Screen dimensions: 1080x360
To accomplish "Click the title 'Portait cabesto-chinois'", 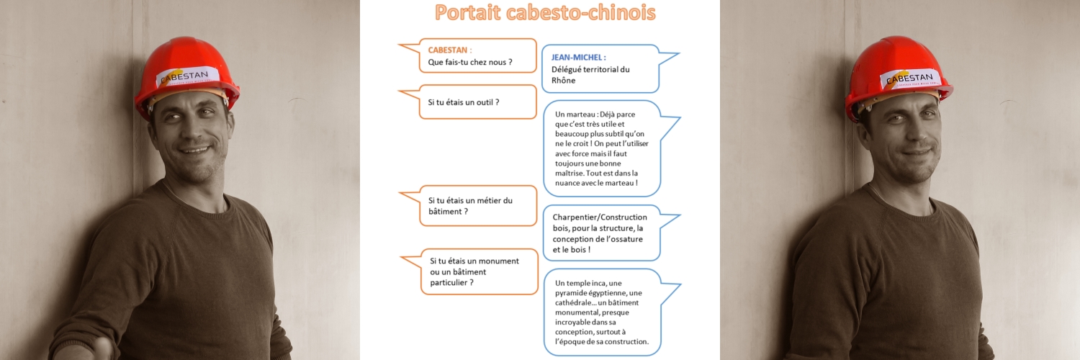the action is [545, 12].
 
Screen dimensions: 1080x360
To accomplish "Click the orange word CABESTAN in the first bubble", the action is [447, 50].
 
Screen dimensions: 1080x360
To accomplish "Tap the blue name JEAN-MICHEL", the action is [577, 58].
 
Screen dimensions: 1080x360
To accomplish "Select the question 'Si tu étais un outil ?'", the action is [464, 102].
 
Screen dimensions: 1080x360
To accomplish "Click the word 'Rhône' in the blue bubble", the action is [563, 81].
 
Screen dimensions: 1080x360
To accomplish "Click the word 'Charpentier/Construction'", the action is [600, 217].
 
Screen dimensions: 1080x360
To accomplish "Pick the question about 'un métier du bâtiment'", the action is [470, 206].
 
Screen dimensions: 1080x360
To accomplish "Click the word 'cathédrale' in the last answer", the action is [573, 302].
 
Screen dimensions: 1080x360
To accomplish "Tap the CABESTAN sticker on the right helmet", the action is [909, 78].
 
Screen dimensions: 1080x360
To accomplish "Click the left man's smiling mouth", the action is [196, 150].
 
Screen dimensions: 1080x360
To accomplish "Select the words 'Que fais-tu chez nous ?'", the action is [470, 62].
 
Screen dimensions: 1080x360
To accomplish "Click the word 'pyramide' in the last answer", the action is [570, 293].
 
